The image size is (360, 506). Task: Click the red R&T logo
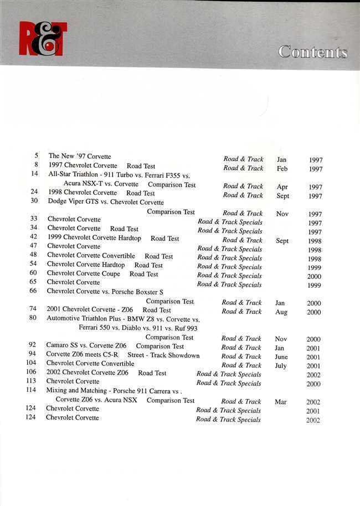[x=43, y=39]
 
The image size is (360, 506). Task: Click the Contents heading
[x=313, y=52]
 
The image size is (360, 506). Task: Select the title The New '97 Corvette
[x=80, y=156]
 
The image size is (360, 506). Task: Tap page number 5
[x=36, y=156]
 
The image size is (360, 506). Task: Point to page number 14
[x=35, y=174]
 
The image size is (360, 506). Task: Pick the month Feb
[x=282, y=168]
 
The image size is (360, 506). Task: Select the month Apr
[x=282, y=187]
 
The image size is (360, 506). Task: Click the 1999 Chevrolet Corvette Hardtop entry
[x=94, y=238]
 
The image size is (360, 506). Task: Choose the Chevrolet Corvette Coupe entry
[x=83, y=273]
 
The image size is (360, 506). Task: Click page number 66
[x=33, y=291]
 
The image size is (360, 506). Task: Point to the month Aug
[x=281, y=312]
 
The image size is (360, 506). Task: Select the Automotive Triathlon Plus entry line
[x=123, y=319]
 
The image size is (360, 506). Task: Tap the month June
[x=281, y=357]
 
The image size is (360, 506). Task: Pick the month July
[x=281, y=366]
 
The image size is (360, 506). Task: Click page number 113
[x=31, y=381]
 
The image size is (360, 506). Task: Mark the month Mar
[x=281, y=402]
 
